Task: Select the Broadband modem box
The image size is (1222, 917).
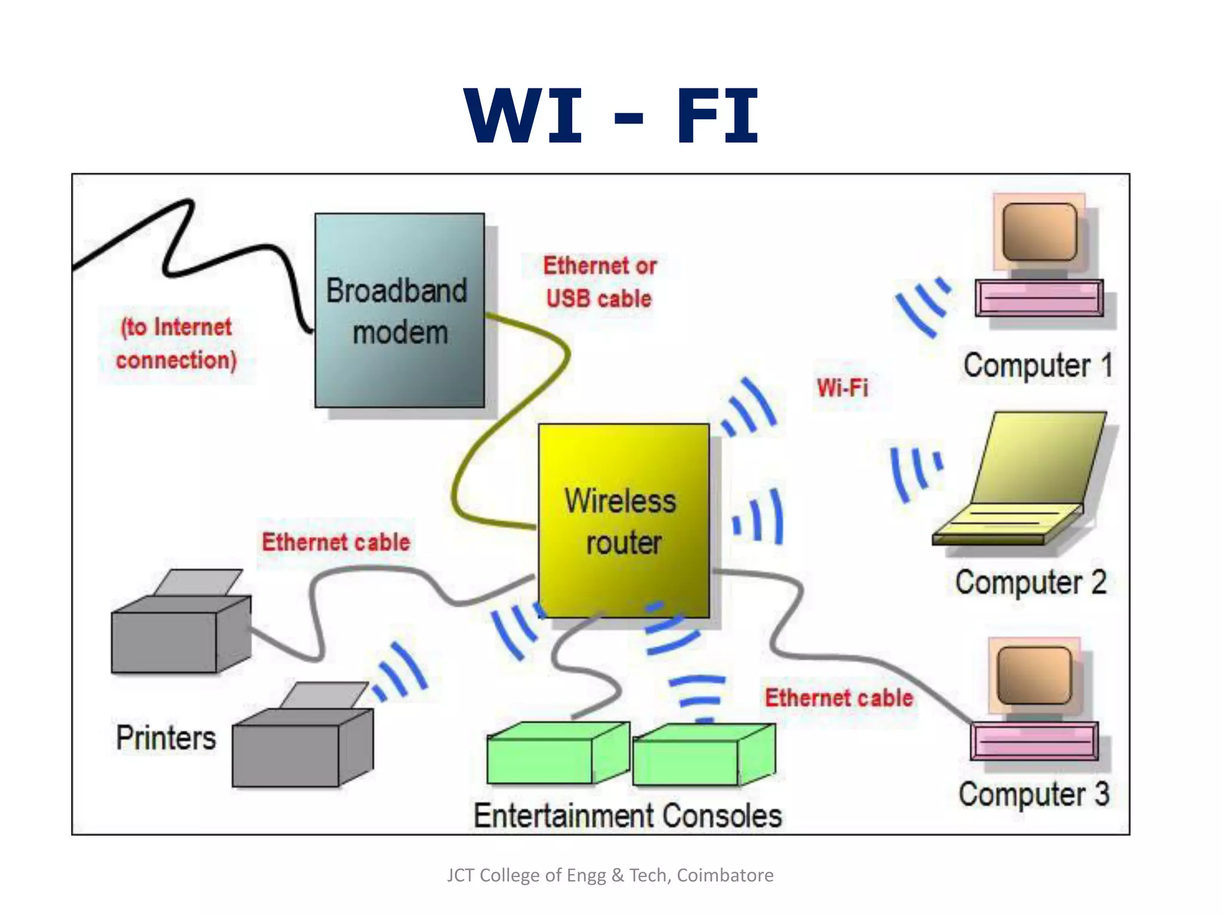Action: pos(399,310)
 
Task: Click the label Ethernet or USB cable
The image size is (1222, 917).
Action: pos(599,282)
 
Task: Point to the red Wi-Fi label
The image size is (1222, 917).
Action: pos(842,388)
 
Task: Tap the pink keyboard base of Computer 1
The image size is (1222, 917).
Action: pos(1039,298)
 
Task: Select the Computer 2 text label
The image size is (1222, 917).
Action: pos(1030,582)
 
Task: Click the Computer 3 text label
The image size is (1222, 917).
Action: pos(1033,795)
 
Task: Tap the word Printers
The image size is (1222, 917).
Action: pos(166,738)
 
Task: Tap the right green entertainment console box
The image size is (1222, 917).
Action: pos(703,755)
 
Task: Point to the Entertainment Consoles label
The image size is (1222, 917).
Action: pos(627,816)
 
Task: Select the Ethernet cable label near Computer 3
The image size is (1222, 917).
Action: pos(839,698)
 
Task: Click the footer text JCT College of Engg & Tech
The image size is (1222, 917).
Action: pos(610,875)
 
